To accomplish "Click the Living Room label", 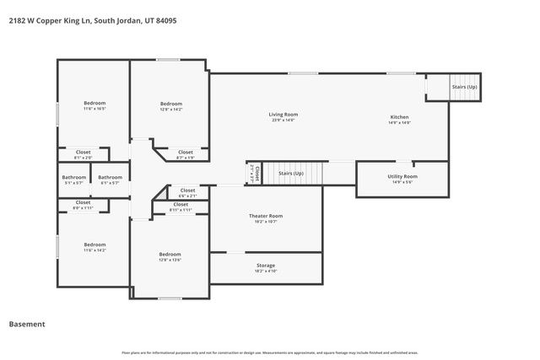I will point(283,115).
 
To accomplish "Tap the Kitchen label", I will point(399,117).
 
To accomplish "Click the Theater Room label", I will point(266,217).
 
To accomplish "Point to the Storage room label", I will point(266,266).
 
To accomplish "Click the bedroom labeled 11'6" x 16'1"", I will point(94,104).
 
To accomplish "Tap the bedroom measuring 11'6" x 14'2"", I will point(94,245).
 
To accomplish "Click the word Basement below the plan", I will point(27,324).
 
